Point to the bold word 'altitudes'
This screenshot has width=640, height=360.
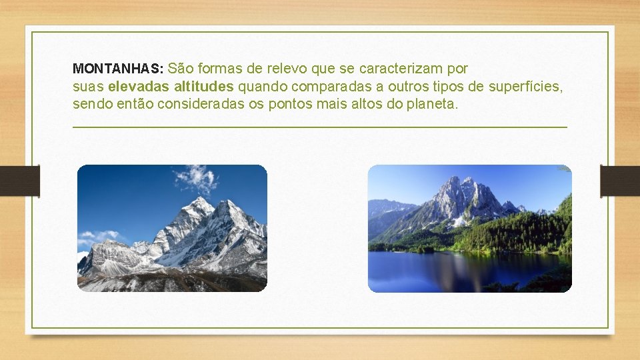coord(203,87)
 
